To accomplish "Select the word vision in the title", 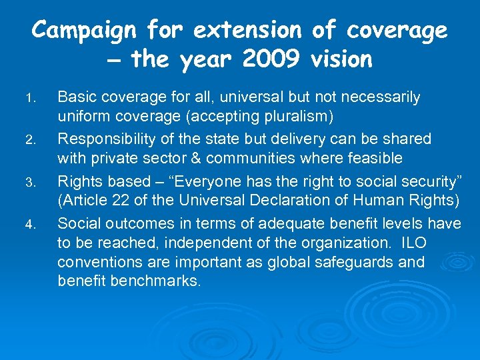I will pyautogui.click(x=341, y=60).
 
